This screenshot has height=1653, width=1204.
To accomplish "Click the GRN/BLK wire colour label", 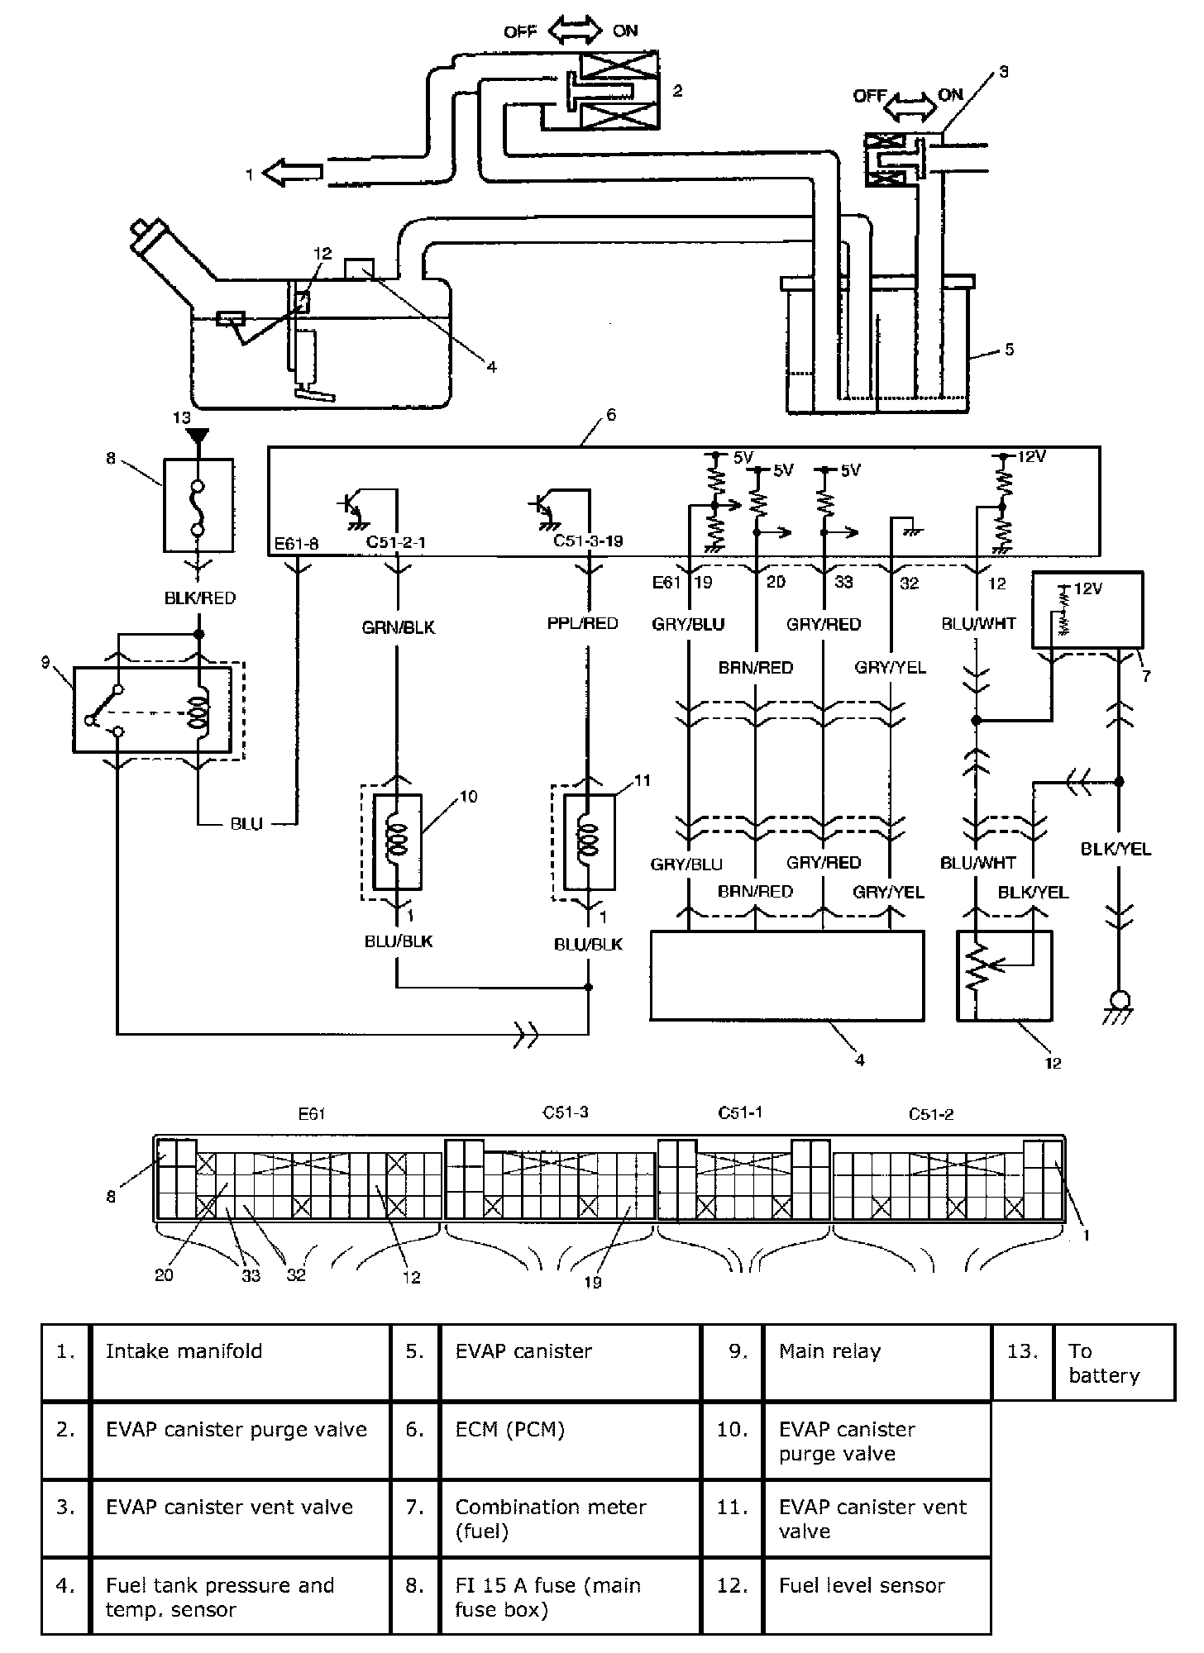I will [x=399, y=628].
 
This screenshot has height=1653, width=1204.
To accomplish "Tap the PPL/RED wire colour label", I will [x=583, y=623].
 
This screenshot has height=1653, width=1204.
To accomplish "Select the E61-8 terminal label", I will [x=297, y=543].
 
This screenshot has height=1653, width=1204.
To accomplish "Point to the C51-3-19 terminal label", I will [x=588, y=541].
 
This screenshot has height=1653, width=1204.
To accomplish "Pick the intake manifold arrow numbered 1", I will [x=292, y=173].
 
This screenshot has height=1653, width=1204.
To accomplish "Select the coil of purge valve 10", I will [x=398, y=840].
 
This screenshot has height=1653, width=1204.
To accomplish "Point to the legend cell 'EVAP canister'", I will [x=523, y=1351].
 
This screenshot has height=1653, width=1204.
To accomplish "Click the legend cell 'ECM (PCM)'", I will [x=509, y=1430].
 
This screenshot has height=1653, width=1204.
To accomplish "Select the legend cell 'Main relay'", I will [x=829, y=1351].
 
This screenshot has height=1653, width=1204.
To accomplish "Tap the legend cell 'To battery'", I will [x=1104, y=1363].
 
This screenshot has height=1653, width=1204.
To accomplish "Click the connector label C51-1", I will [x=740, y=1112].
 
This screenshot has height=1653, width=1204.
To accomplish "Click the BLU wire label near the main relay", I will [x=246, y=824].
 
